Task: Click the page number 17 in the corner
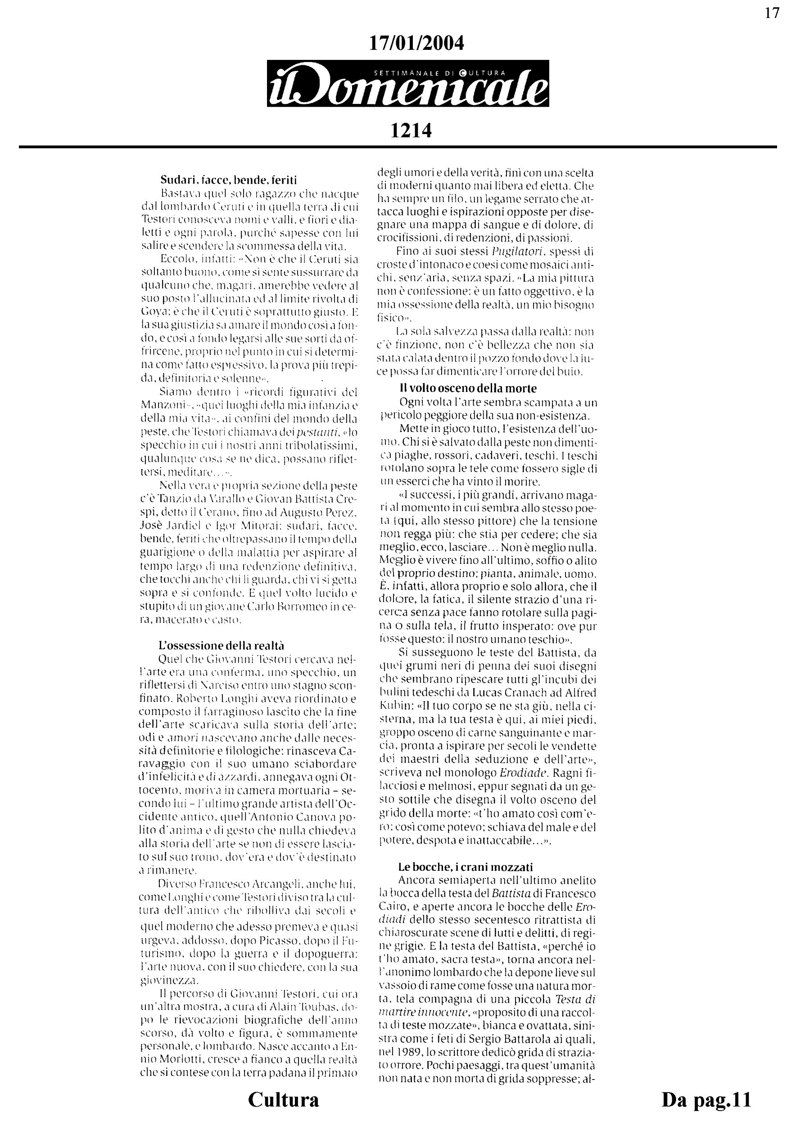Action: click(772, 13)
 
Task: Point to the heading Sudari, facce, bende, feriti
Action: click(229, 180)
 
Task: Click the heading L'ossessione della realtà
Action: click(221, 645)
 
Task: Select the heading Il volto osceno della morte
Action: click(468, 388)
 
